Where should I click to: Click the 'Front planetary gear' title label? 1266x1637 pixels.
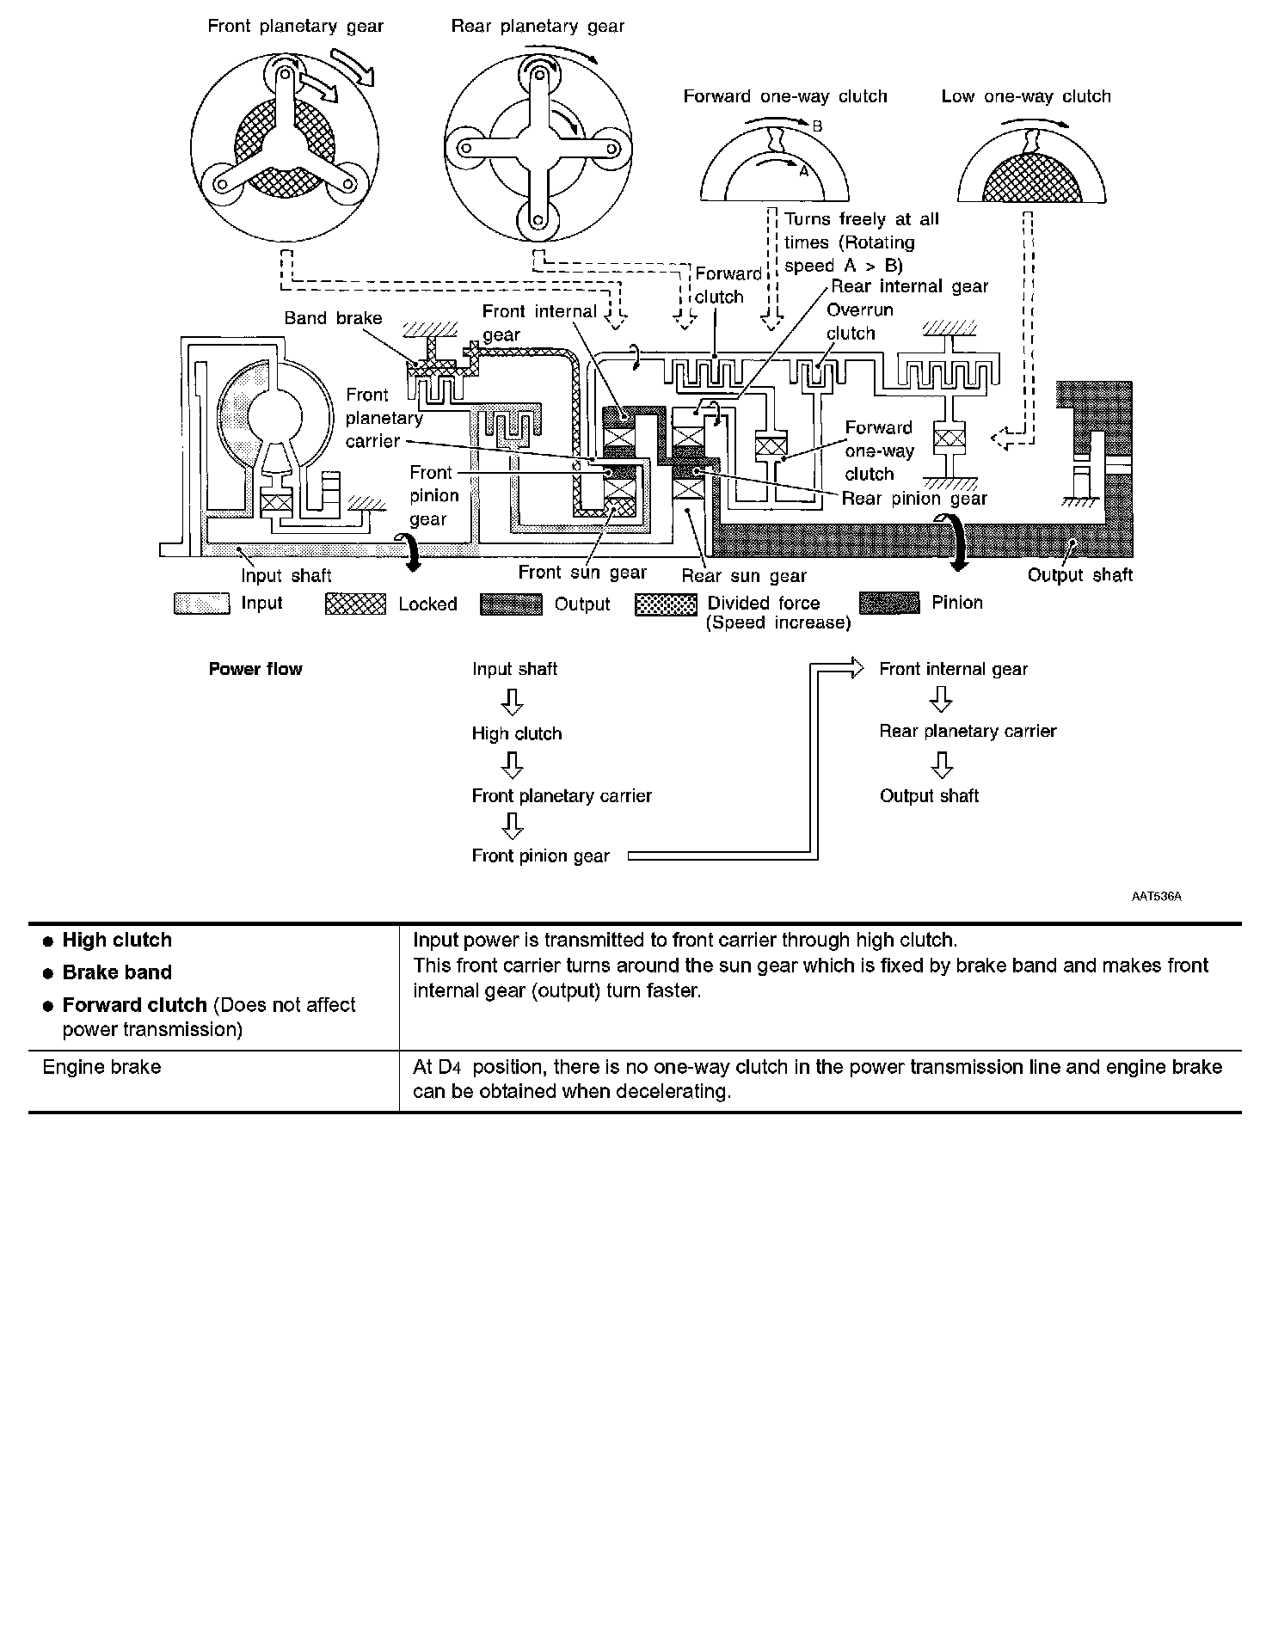pos(295,26)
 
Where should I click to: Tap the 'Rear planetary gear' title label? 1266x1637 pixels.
pos(538,26)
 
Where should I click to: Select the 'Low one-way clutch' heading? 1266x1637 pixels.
pos(1025,96)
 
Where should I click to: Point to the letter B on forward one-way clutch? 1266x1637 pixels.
pos(817,126)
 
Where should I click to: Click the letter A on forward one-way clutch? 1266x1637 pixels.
pos(804,170)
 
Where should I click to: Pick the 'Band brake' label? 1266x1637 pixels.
pos(333,318)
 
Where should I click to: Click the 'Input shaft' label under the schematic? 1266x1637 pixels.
pos(286,575)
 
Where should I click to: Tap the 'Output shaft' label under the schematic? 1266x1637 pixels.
pos(1079,575)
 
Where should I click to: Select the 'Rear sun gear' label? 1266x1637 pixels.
pos(744,575)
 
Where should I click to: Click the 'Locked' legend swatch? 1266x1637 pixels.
pos(355,604)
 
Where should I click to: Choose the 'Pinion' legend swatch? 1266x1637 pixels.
pos(889,604)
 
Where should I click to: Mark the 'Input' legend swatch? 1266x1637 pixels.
pos(201,604)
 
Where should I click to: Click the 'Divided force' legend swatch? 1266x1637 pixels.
pos(666,604)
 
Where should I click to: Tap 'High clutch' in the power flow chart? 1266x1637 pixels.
pos(516,733)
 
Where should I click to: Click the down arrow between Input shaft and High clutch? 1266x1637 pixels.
pos(513,702)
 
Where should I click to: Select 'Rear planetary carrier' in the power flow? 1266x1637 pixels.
pos(968,731)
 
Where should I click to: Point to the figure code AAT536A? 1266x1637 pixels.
pos(1156,897)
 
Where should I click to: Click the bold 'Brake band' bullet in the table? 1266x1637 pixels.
pos(117,972)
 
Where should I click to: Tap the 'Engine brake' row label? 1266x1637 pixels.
pos(101,1067)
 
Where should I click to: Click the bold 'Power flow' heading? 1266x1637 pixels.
pos(255,669)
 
